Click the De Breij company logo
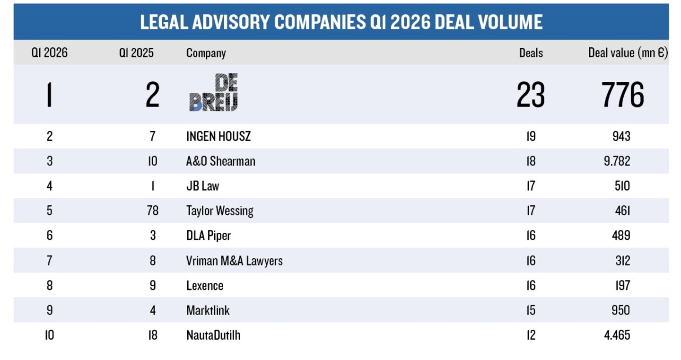tap(213, 92)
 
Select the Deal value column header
tap(628, 53)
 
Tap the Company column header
tap(206, 53)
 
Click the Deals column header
tap(531, 53)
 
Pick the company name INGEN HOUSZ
tap(218, 136)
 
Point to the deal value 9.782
tap(617, 161)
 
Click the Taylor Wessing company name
tap(219, 211)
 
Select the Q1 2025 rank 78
tap(153, 211)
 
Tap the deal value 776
tap(622, 95)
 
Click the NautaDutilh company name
tap(213, 335)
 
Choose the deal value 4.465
tap(617, 335)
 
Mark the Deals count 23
tap(531, 95)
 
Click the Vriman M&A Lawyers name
tap(234, 261)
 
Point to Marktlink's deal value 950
tap(621, 310)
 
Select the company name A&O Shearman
tap(220, 161)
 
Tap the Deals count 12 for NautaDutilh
tap(531, 335)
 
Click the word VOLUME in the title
tap(510, 22)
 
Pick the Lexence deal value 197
tap(622, 286)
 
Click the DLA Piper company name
tap(208, 236)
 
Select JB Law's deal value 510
tap(622, 186)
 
